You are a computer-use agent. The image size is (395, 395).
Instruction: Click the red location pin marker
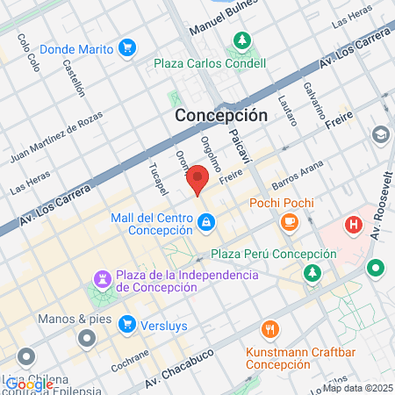[198, 179]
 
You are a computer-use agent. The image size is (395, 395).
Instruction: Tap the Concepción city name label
[220, 115]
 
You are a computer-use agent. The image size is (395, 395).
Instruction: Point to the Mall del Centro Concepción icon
[205, 224]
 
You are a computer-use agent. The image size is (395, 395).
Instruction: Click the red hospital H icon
[354, 225]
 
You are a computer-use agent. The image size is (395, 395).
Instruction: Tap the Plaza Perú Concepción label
[273, 254]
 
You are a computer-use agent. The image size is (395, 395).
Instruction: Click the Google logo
[29, 384]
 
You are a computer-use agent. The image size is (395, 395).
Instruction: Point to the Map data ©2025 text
[357, 388]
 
